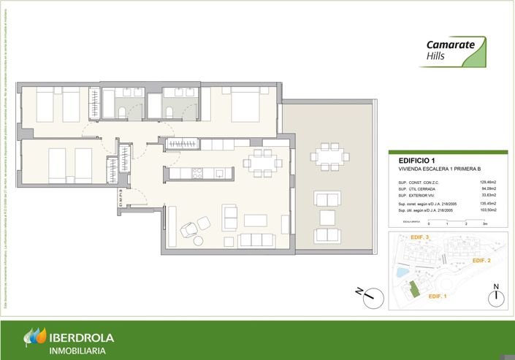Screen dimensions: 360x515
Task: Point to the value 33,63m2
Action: (x=488, y=196)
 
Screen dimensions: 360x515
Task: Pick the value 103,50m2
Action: (x=487, y=210)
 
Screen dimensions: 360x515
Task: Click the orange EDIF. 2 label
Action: (x=481, y=261)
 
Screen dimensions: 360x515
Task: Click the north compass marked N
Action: (x=496, y=294)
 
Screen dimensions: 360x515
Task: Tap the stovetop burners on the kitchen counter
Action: (x=196, y=173)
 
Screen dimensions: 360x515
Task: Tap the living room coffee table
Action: (x=256, y=220)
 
